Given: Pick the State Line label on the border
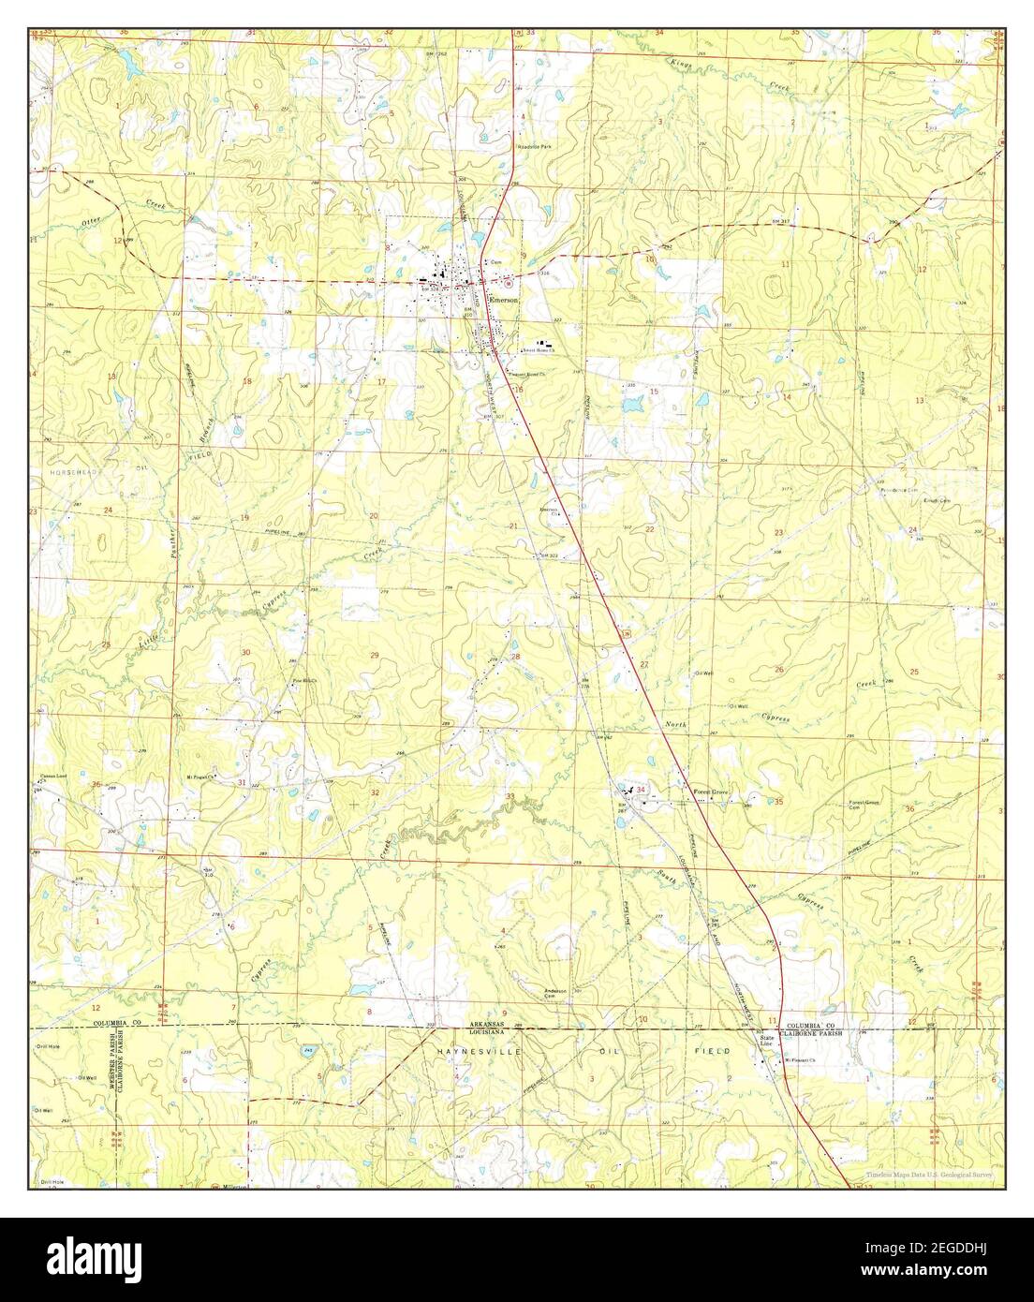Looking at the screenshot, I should [768, 1041].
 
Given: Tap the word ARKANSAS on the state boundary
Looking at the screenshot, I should [487, 1025].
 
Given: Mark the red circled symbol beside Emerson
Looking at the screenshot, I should [509, 282].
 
